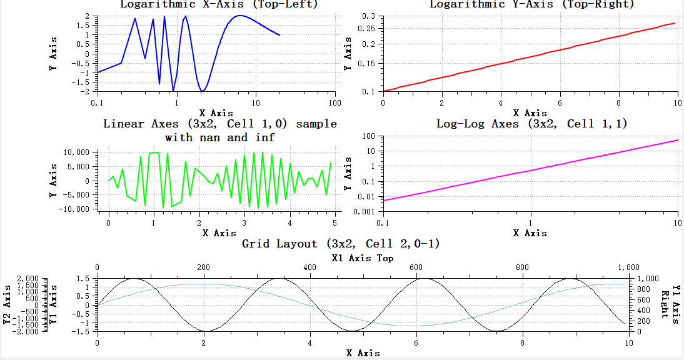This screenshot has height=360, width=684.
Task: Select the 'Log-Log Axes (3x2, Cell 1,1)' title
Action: pyautogui.click(x=531, y=124)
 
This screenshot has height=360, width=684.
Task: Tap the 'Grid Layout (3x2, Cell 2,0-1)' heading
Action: pyautogui.click(x=341, y=244)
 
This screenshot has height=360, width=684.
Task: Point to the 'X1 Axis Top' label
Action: pyautogui.click(x=363, y=258)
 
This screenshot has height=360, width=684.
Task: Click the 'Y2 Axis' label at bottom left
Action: pyautogui.click(x=8, y=305)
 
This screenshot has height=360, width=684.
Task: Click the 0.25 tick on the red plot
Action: pyautogui.click(x=366, y=29)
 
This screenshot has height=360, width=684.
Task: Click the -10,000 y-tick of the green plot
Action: pyautogui.click(x=76, y=209)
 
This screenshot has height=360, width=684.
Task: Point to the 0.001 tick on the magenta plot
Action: pyautogui.click(x=364, y=211)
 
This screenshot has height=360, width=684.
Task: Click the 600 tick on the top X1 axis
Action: pyautogui.click(x=416, y=267)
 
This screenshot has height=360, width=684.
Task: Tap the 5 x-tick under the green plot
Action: pyautogui.click(x=335, y=222)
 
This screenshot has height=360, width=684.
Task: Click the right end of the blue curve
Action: pyautogui.click(x=279, y=35)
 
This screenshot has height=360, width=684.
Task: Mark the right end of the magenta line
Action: pyautogui.click(x=678, y=140)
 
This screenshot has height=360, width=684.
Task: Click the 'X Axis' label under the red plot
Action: pyautogui.click(x=530, y=113)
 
